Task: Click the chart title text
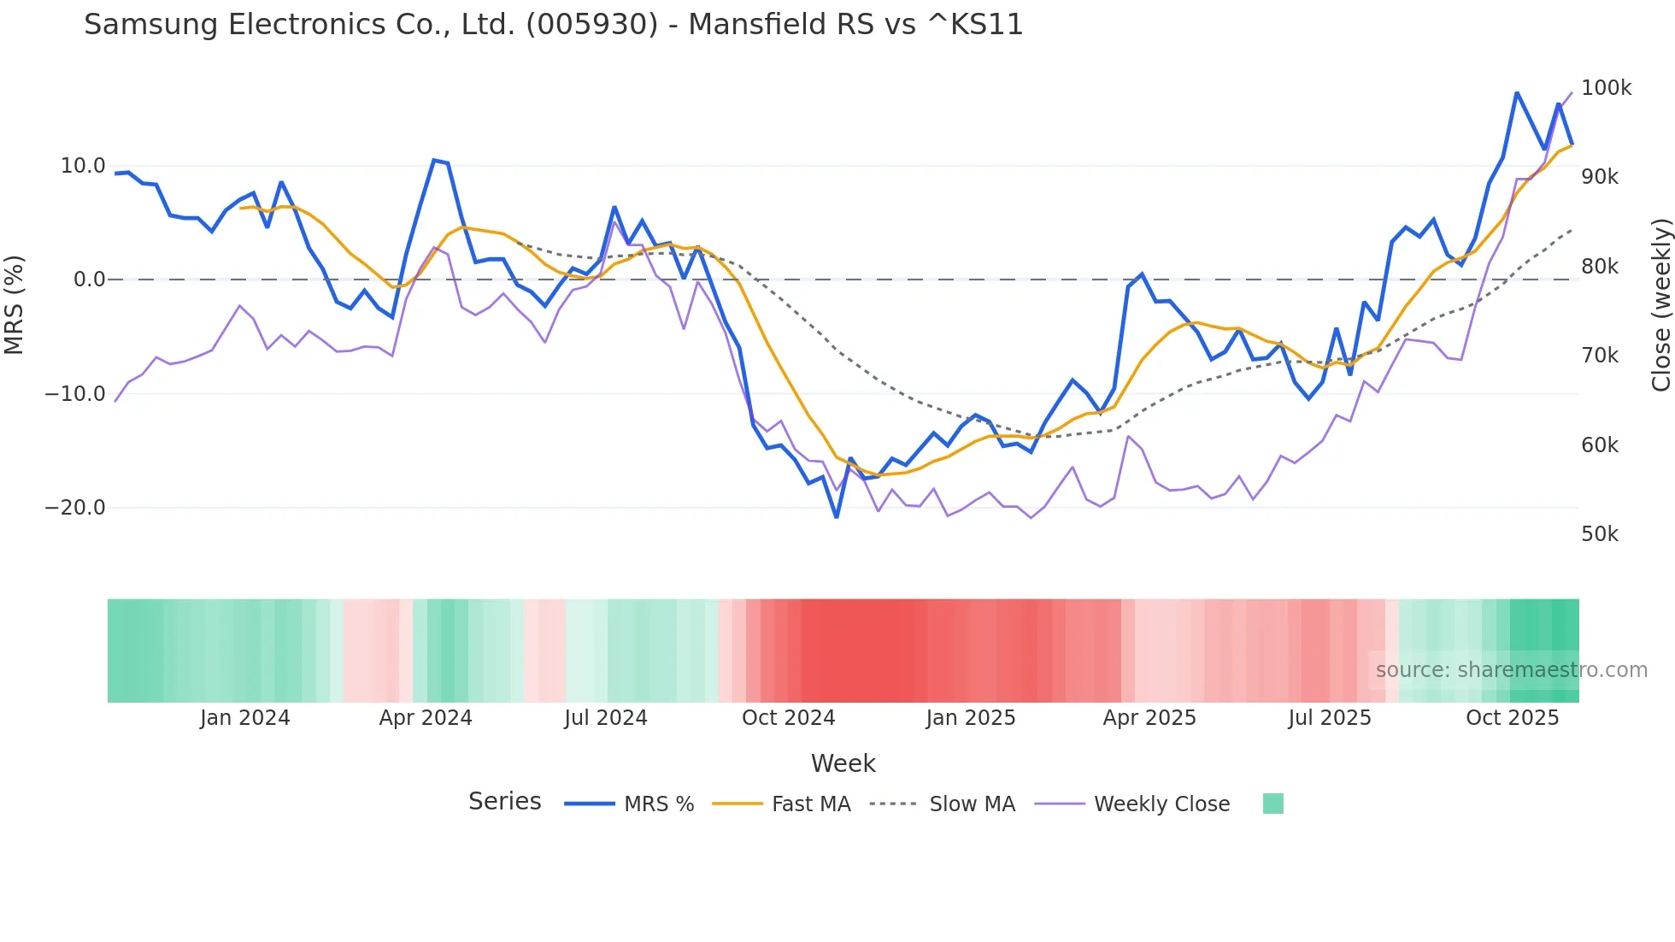click(x=553, y=25)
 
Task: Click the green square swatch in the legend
click(x=1272, y=804)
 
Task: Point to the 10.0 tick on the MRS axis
click(x=83, y=166)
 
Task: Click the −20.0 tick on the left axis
click(x=75, y=508)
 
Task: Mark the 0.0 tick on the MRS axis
click(x=89, y=280)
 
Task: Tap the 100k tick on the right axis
click(x=1606, y=88)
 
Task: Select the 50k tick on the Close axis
click(x=1600, y=534)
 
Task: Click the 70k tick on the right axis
click(x=1600, y=356)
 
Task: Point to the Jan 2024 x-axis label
click(x=245, y=718)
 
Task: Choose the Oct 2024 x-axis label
click(x=788, y=718)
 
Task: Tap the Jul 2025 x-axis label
click(x=1330, y=718)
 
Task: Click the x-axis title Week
click(x=843, y=763)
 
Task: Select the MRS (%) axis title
click(x=15, y=304)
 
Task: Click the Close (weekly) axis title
click(x=1660, y=305)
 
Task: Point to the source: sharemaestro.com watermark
click(x=1511, y=670)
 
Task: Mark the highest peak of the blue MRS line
click(x=1517, y=92)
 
